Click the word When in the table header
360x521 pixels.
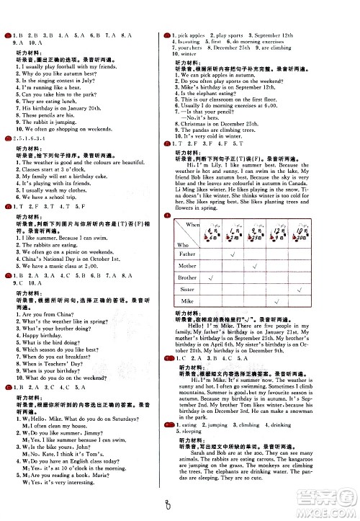point(192,226)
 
